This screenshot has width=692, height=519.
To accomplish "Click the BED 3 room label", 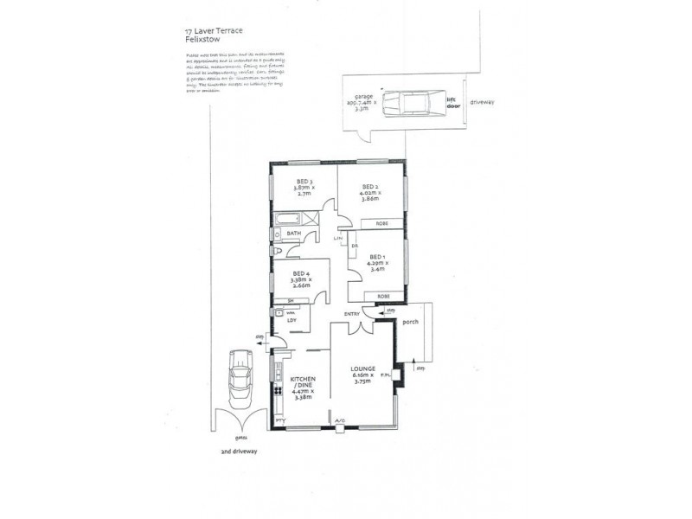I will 304,183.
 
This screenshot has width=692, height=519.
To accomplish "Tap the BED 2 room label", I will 370,186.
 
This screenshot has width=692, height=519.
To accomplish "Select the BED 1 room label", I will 376,257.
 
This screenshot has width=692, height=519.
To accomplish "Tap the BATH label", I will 294,233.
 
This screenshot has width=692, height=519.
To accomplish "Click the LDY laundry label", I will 292,321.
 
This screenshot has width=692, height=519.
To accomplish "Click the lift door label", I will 452,103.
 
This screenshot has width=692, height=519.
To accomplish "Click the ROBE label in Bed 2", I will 381,224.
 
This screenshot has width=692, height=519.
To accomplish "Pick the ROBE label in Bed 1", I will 381,297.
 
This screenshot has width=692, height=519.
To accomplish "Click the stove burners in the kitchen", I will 279,388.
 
